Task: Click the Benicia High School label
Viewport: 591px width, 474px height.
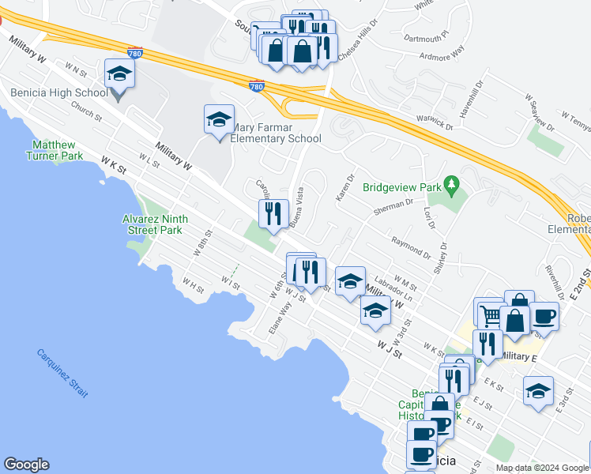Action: click(59, 92)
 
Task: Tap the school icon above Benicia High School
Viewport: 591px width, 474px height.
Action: click(119, 74)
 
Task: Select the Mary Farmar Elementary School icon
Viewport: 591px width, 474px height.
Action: click(219, 120)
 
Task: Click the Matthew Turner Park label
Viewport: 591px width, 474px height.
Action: click(55, 150)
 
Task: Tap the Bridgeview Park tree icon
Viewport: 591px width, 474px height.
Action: click(451, 186)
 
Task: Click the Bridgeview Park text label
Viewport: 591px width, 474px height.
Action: click(401, 188)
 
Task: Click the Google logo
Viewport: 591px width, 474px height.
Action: click(26, 465)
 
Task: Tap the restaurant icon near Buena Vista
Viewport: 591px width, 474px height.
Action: click(270, 213)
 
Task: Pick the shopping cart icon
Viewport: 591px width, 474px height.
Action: click(490, 314)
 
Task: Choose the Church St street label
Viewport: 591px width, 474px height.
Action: click(86, 111)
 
